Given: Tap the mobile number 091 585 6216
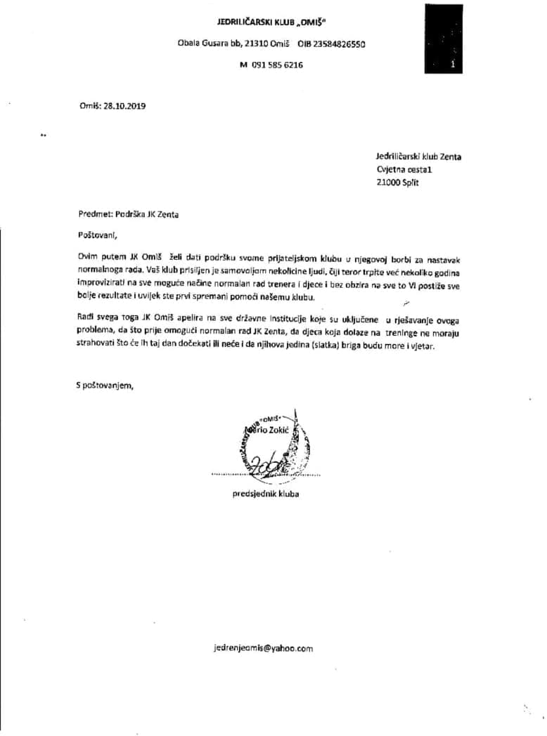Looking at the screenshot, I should [277, 65].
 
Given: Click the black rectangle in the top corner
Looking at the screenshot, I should [444, 39].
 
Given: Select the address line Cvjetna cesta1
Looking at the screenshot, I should [406, 169].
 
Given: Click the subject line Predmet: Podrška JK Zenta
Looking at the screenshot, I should [128, 215].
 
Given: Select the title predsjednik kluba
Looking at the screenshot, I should [266, 494].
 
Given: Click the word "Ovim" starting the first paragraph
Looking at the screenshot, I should [89, 259].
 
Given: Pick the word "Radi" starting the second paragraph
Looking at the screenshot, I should [88, 318].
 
